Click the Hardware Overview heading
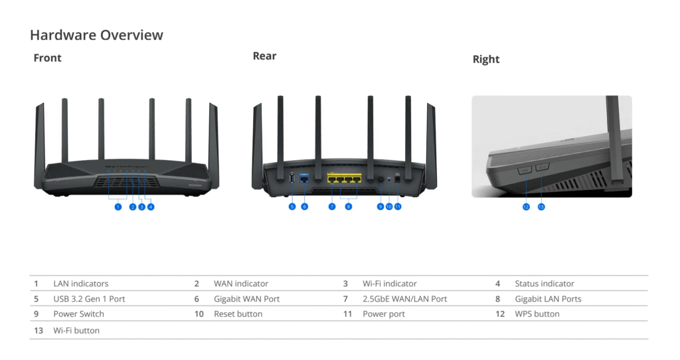(x=96, y=35)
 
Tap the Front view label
(x=47, y=58)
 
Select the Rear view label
(x=264, y=56)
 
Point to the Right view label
(x=485, y=59)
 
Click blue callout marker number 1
(x=118, y=207)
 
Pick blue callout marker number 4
(x=151, y=207)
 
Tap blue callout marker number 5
(x=292, y=207)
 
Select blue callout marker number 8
(x=349, y=207)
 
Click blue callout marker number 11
(x=398, y=207)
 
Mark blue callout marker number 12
(x=526, y=207)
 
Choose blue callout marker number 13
(x=541, y=207)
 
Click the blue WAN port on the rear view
(x=305, y=179)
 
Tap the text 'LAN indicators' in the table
(x=80, y=284)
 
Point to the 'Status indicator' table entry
(x=544, y=284)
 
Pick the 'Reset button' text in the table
(x=238, y=314)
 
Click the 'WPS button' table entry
(x=537, y=314)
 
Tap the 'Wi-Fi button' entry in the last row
(x=76, y=330)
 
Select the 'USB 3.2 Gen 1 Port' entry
(x=89, y=299)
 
